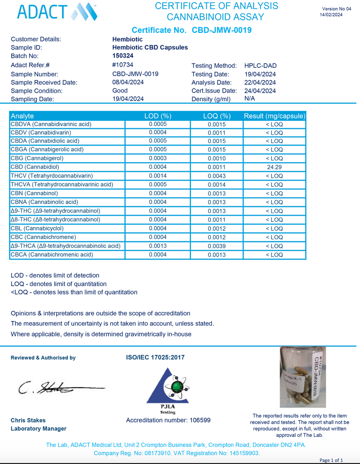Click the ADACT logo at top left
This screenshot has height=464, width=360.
(58, 12)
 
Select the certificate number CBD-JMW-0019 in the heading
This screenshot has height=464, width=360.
(222, 30)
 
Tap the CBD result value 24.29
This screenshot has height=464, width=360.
(274, 167)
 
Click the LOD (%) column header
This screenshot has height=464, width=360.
(158, 116)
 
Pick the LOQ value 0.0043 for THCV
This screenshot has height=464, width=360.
(216, 176)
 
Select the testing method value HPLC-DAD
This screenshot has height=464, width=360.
(260, 66)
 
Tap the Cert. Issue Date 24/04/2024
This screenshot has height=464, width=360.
(260, 91)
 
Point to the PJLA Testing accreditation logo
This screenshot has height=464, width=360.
(168, 390)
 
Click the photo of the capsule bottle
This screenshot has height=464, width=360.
(300, 376)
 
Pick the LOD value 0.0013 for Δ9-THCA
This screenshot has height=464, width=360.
(158, 246)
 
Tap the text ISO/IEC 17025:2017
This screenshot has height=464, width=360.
(155, 357)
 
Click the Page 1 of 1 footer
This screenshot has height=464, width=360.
(331, 460)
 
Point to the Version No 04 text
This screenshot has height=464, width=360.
(336, 9)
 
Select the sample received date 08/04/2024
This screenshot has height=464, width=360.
(128, 82)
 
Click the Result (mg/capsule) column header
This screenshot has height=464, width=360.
(274, 116)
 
